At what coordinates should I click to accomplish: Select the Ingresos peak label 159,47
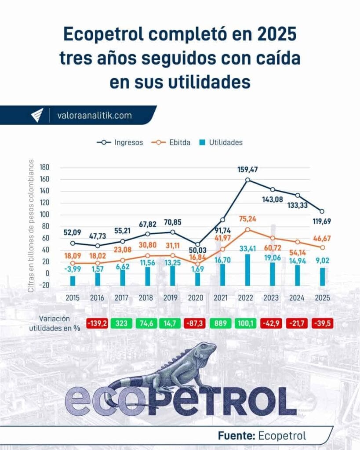click(249, 169)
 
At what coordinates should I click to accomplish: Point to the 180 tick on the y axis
click(44, 167)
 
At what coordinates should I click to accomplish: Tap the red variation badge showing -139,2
click(98, 323)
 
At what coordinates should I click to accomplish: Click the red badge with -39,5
click(323, 323)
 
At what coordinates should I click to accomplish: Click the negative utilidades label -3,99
click(73, 269)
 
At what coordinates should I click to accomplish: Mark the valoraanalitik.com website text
click(95, 116)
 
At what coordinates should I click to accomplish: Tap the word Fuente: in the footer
click(236, 435)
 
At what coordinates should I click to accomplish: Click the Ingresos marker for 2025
click(322, 211)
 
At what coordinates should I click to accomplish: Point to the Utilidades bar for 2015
click(73, 280)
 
